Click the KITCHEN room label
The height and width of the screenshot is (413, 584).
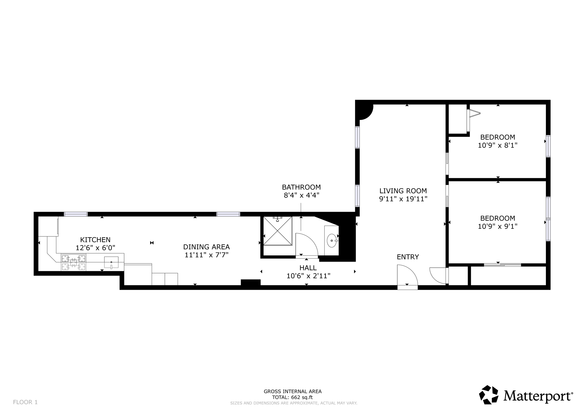95,240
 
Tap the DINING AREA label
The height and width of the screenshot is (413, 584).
206,247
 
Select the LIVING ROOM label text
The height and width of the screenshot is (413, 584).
403,191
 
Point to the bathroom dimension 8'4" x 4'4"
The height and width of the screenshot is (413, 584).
301,195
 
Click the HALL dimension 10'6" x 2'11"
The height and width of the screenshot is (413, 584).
308,276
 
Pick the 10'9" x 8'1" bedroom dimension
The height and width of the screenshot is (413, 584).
498,145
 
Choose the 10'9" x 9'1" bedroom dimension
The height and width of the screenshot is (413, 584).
498,226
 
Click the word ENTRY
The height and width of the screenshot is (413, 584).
408,257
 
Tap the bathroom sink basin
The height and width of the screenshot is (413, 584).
332,241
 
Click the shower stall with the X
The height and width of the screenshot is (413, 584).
278,231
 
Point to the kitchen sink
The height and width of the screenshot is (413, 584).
111,262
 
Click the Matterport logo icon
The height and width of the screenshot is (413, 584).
489,395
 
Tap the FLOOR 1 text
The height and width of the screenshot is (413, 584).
25,402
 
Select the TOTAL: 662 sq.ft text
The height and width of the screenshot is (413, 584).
292,397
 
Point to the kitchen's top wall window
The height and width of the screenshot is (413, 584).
76,214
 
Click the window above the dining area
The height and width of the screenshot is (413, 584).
228,214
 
